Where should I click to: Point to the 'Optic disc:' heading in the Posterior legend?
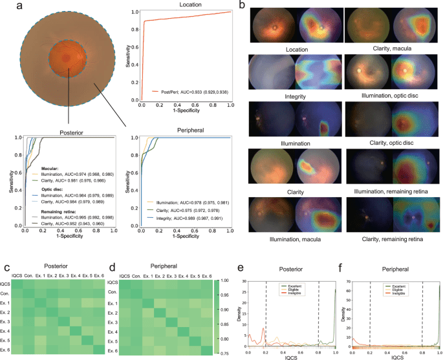coord(46,190)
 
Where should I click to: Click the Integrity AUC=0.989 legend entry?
coord(184,219)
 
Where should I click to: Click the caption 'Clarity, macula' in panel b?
coord(390,48)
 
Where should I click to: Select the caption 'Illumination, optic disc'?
coord(390,96)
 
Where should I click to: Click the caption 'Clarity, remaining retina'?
coord(390,239)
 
